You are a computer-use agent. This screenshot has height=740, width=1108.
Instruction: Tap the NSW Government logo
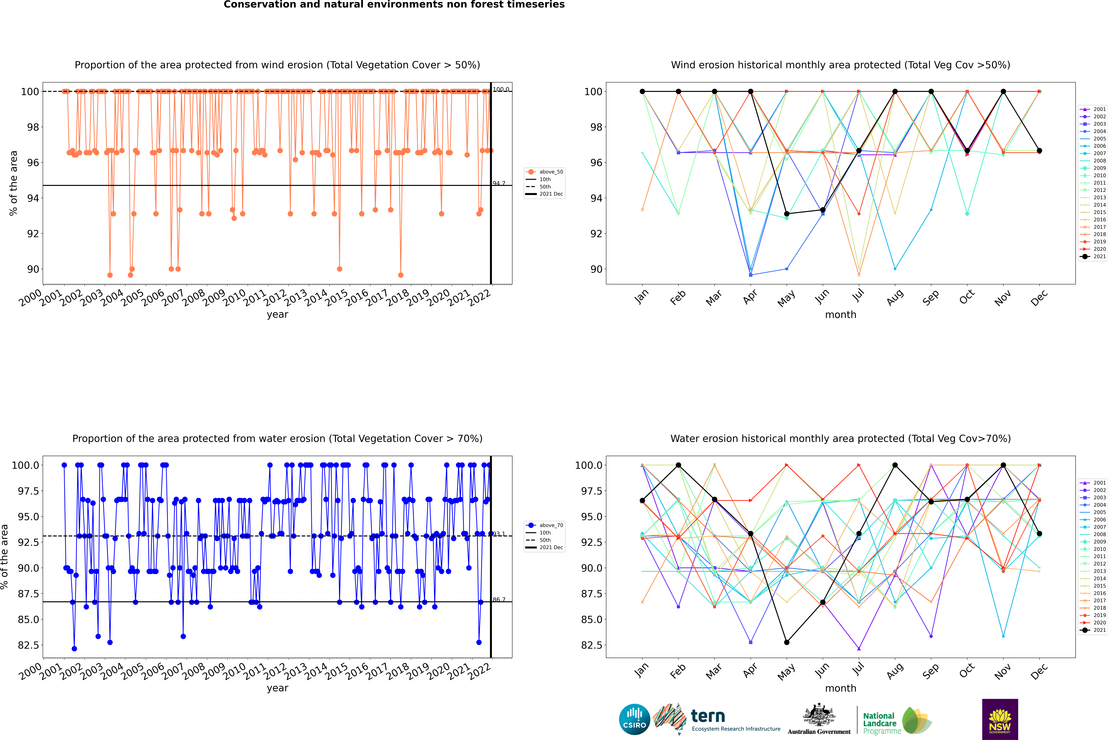(1000, 719)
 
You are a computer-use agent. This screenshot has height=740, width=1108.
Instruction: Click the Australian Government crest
(818, 715)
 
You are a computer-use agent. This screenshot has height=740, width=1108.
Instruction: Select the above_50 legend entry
(551, 172)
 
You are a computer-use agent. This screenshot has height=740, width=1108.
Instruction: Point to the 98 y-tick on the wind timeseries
(33, 127)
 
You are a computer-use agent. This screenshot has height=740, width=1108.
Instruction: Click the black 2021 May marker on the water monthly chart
(786, 642)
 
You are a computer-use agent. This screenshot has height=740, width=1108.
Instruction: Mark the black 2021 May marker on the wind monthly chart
(786, 214)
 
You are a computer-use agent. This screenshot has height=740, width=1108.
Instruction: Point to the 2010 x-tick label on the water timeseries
(234, 671)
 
